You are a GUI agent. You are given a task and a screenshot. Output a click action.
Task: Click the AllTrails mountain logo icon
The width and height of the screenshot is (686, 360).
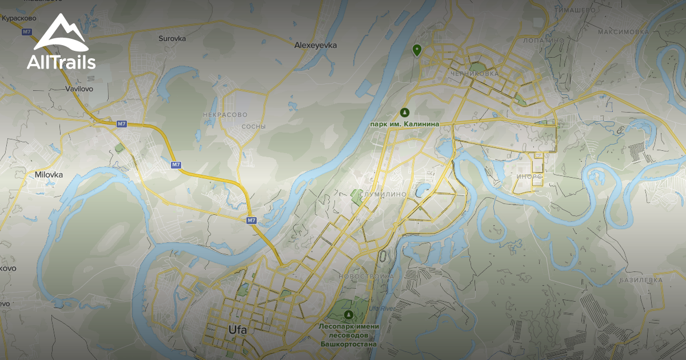click(x=61, y=33)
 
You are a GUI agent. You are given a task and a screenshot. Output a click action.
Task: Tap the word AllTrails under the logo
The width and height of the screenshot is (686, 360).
click(x=61, y=62)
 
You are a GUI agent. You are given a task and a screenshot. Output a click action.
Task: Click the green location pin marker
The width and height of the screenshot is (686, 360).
click(x=417, y=50)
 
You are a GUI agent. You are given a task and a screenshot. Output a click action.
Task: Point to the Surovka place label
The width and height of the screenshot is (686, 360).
click(x=172, y=39)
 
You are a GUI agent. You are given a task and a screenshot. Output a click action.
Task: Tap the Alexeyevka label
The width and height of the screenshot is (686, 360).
click(x=316, y=45)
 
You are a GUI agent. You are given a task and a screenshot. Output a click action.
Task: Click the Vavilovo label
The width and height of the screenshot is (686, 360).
click(x=79, y=89)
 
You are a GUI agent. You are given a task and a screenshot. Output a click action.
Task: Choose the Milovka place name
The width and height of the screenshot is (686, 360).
click(x=49, y=175)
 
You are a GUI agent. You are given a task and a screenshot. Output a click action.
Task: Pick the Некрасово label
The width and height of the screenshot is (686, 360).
click(x=225, y=115)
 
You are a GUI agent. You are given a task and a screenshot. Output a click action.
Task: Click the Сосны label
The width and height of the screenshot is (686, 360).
click(x=254, y=126)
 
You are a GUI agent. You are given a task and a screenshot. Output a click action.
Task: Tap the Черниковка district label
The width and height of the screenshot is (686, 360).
click(x=474, y=74)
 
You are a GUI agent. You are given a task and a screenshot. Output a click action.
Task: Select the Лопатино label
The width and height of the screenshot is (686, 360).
click(x=544, y=41)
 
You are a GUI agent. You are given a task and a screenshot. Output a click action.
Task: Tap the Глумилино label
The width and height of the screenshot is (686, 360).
click(x=383, y=194)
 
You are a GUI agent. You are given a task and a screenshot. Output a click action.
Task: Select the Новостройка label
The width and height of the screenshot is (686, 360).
click(x=366, y=276)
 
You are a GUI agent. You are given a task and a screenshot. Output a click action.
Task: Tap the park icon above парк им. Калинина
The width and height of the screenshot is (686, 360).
click(x=405, y=112)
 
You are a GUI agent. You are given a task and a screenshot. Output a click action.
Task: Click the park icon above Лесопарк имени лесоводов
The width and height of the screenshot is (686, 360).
click(x=349, y=315)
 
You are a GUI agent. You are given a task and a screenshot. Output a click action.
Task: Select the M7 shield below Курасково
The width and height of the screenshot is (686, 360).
click(x=26, y=32)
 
